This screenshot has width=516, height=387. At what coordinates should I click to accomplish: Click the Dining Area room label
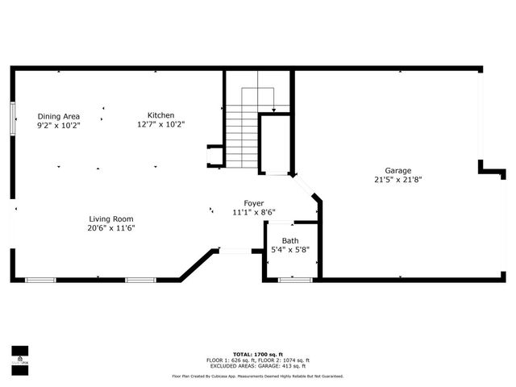(x=58, y=116)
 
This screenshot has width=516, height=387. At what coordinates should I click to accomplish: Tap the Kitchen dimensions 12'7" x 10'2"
(x=160, y=124)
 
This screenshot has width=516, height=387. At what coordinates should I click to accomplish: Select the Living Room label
(x=111, y=218)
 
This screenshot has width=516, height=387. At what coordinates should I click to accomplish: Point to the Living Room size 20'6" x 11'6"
(x=111, y=227)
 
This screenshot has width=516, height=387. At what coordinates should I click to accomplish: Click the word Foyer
(x=254, y=203)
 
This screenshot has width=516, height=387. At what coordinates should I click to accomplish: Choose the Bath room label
(x=289, y=241)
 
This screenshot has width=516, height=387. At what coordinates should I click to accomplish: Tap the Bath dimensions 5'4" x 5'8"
(x=289, y=250)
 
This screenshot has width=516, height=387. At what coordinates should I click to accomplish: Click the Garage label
(x=397, y=170)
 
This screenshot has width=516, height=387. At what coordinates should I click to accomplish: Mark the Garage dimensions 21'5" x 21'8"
(x=397, y=179)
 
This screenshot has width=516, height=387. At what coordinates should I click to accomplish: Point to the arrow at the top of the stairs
(x=275, y=108)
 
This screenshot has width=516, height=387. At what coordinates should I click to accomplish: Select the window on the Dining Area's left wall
(x=13, y=119)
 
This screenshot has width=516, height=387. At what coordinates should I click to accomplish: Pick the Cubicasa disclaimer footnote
(x=258, y=376)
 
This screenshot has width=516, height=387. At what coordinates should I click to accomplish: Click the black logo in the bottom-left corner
(x=19, y=355)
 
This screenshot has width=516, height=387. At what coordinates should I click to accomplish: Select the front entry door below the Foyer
(x=235, y=252)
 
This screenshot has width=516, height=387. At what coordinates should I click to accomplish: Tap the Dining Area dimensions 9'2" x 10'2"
(x=58, y=125)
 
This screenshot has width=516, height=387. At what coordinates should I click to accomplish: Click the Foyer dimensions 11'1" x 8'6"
(x=254, y=212)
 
